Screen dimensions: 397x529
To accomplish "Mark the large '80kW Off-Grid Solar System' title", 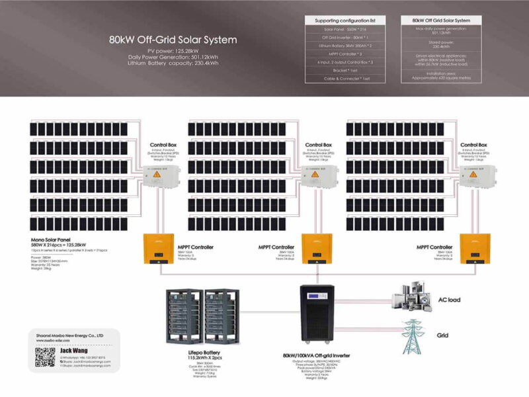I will coord(173,40).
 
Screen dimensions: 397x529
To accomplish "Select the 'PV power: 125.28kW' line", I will coord(173,50).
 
